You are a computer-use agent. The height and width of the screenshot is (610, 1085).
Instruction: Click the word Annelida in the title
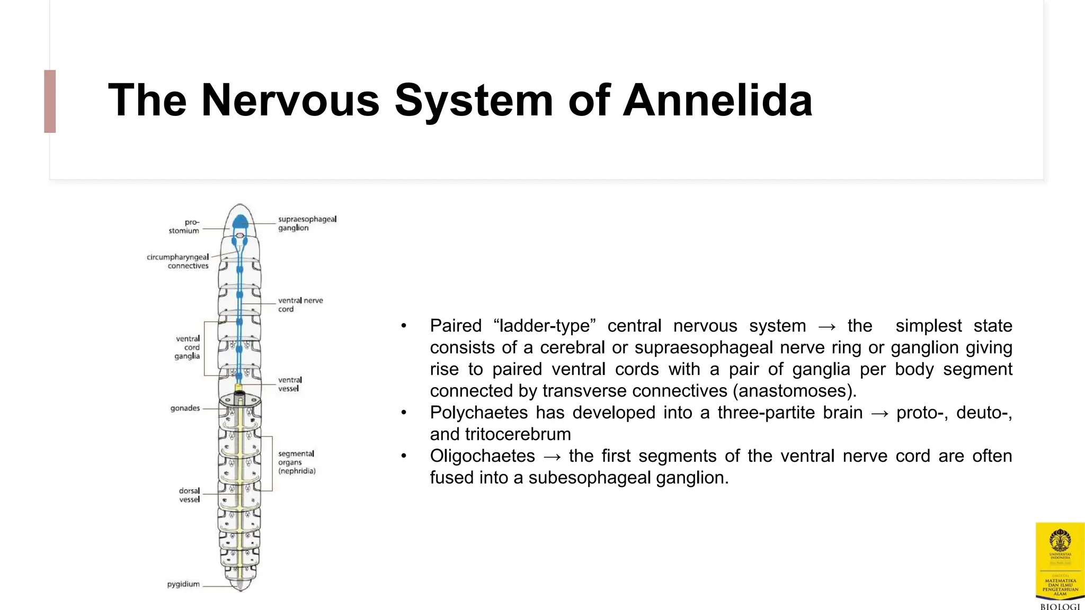[717, 100]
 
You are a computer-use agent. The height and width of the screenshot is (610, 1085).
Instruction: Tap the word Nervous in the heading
[290, 100]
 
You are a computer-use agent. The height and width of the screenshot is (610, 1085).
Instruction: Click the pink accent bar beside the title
[50, 101]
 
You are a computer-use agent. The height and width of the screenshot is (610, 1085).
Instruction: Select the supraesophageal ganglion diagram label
[307, 223]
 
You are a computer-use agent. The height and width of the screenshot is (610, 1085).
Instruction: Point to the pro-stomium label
[184, 227]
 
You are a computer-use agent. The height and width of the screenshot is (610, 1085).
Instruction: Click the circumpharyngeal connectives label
[178, 262]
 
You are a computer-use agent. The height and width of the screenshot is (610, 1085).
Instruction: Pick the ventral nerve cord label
[300, 304]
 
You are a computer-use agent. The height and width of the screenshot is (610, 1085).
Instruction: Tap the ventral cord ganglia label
[188, 347]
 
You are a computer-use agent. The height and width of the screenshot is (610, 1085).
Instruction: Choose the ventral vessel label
[290, 384]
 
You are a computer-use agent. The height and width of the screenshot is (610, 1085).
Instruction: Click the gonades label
[185, 408]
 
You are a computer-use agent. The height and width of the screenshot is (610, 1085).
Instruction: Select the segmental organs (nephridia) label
[296, 462]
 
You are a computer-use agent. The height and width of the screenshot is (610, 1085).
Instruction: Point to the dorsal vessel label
[189, 495]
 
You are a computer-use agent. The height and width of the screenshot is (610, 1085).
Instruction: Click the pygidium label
[183, 584]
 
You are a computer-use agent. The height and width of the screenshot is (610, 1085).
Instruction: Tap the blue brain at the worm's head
[241, 221]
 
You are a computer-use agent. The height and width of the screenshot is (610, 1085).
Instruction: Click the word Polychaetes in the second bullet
[477, 412]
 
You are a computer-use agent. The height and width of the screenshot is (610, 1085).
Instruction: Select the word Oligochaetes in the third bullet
[482, 456]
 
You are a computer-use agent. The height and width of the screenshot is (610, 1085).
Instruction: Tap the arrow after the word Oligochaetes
[552, 456]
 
